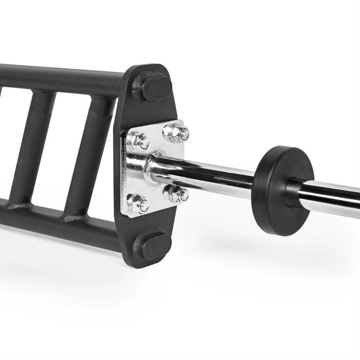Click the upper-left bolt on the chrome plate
click(x=139, y=140)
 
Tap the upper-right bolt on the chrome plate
click(x=176, y=133)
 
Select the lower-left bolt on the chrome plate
click(x=138, y=203)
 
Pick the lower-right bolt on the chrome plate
click(x=176, y=194)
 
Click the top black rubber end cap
click(x=154, y=88)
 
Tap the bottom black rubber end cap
click(x=154, y=246)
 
